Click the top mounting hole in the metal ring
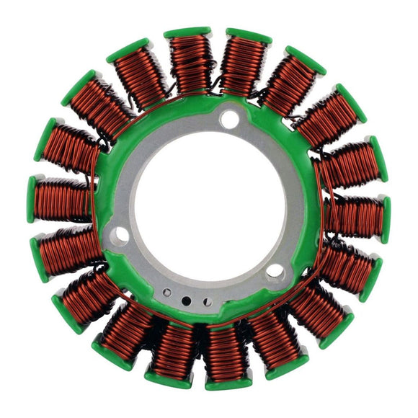[229, 119]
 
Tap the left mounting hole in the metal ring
[120, 235]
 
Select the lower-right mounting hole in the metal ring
[275, 271]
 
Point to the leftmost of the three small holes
[167, 293]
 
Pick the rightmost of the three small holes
[208, 301]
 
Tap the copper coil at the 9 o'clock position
[63, 199]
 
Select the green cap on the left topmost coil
[187, 32]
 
